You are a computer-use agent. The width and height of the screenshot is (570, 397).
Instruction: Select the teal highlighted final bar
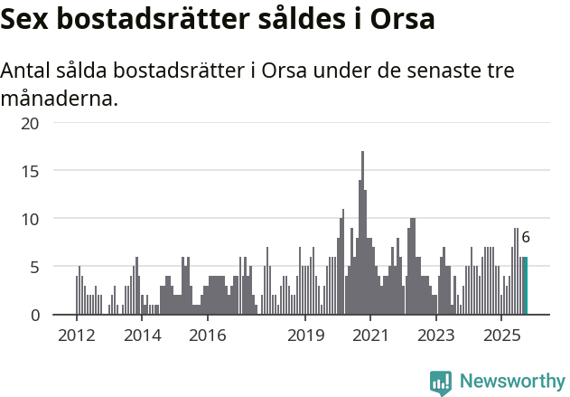pos(526,286)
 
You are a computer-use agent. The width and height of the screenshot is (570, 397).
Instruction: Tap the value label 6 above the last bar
pos(526,238)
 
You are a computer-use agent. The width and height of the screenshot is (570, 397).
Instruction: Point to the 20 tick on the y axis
pos(30,122)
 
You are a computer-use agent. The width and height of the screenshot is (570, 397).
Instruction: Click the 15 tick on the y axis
pos(30,170)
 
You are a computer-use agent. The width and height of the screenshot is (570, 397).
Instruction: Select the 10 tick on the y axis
pos(30,219)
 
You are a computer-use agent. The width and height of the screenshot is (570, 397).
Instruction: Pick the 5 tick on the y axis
pos(34,267)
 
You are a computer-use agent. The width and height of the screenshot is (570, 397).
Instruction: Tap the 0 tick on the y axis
pos(34,315)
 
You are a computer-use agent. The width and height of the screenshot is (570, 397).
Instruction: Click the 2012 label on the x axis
pos(76,336)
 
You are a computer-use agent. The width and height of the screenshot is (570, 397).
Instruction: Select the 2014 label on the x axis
pos(142,336)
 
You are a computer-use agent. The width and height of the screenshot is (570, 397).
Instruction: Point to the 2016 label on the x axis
pos(207,336)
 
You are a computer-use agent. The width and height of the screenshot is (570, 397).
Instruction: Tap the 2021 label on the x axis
pos(371,336)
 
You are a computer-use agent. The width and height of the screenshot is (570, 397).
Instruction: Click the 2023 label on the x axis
pos(436,336)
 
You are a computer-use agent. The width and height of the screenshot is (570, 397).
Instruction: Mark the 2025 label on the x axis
pos(502,336)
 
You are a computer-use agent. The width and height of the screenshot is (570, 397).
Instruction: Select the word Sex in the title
pos(27,20)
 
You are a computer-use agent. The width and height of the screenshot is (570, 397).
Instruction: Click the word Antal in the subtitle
pos(27,71)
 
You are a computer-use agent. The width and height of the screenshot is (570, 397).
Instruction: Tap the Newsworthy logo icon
pos(441,382)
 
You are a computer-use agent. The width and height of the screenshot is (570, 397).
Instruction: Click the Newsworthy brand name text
pos(512,382)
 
